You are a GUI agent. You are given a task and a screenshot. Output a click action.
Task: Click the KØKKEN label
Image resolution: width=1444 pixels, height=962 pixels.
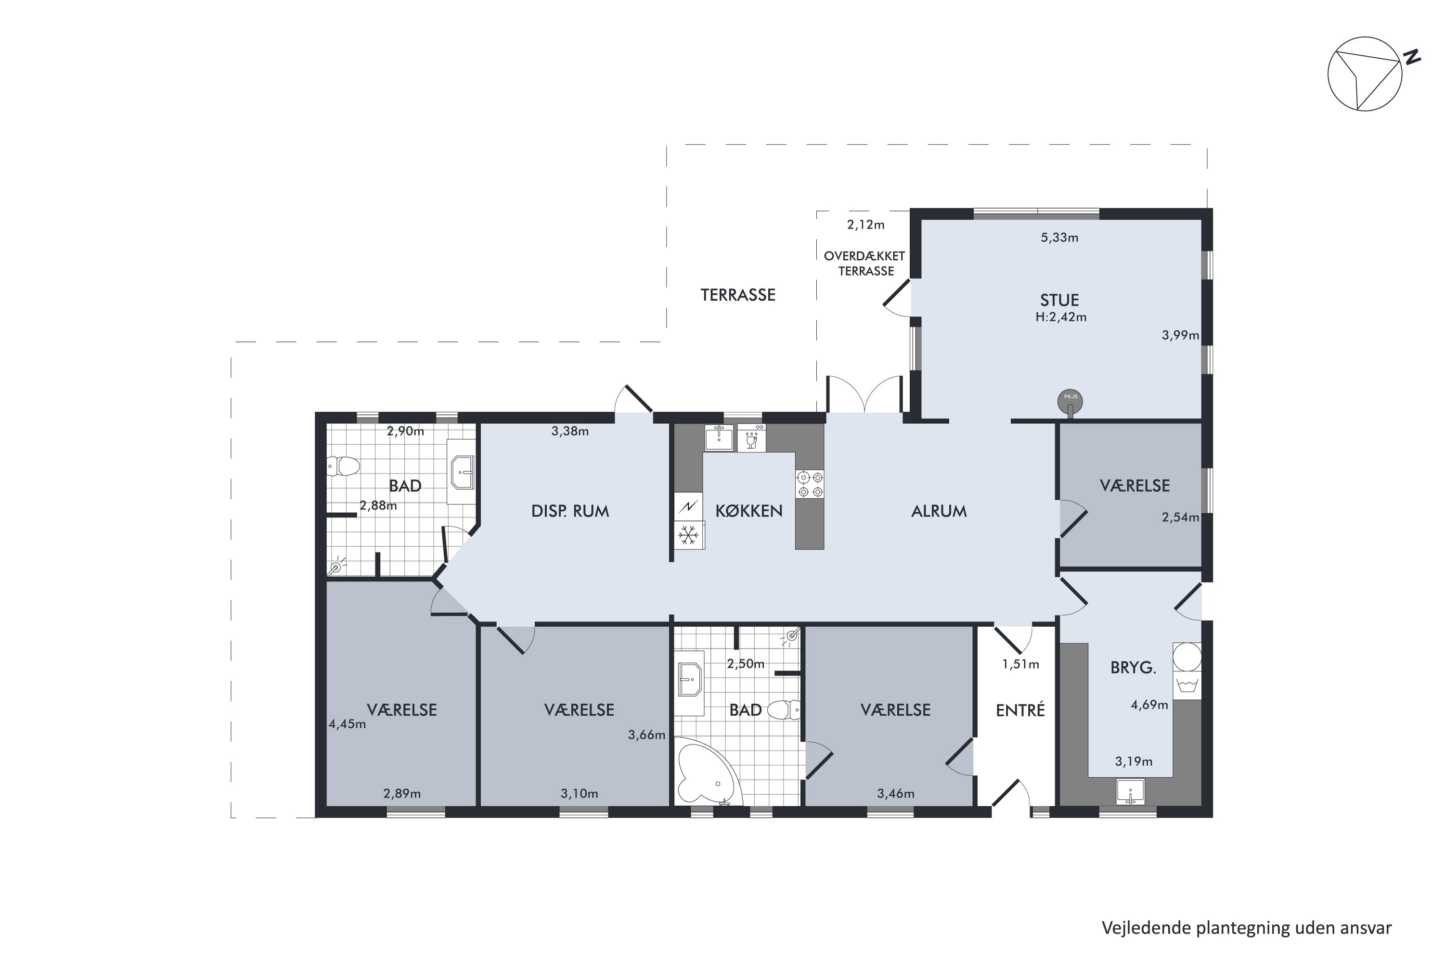pos(749,510)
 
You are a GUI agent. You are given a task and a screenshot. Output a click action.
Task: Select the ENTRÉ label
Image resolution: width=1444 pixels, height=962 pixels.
pos(1020,710)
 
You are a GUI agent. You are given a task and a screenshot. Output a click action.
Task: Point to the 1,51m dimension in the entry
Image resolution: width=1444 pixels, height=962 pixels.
pos(1020,664)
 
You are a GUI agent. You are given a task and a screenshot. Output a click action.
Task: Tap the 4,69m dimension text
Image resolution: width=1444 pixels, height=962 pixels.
pos(1149,705)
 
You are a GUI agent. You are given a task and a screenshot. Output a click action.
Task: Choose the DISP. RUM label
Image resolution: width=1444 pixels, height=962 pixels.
pos(570,510)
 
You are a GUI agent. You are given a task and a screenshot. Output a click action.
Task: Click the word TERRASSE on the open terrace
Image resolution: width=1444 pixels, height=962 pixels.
pos(738,295)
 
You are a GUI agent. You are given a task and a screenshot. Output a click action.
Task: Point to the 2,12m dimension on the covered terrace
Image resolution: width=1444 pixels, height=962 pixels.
pos(865,225)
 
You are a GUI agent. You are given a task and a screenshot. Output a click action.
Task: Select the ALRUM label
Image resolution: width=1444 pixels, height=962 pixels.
pos(939,510)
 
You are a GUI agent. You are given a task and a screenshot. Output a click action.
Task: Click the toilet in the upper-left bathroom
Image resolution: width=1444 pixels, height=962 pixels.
pos(343,466)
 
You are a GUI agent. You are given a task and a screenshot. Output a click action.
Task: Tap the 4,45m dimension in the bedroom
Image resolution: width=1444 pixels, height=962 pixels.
pos(348,724)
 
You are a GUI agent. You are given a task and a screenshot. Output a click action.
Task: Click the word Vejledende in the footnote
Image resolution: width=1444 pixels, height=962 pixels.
pos(1146,928)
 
